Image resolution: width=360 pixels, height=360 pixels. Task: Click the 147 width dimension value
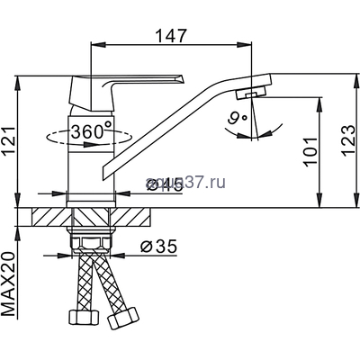pyautogui.click(x=171, y=36)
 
